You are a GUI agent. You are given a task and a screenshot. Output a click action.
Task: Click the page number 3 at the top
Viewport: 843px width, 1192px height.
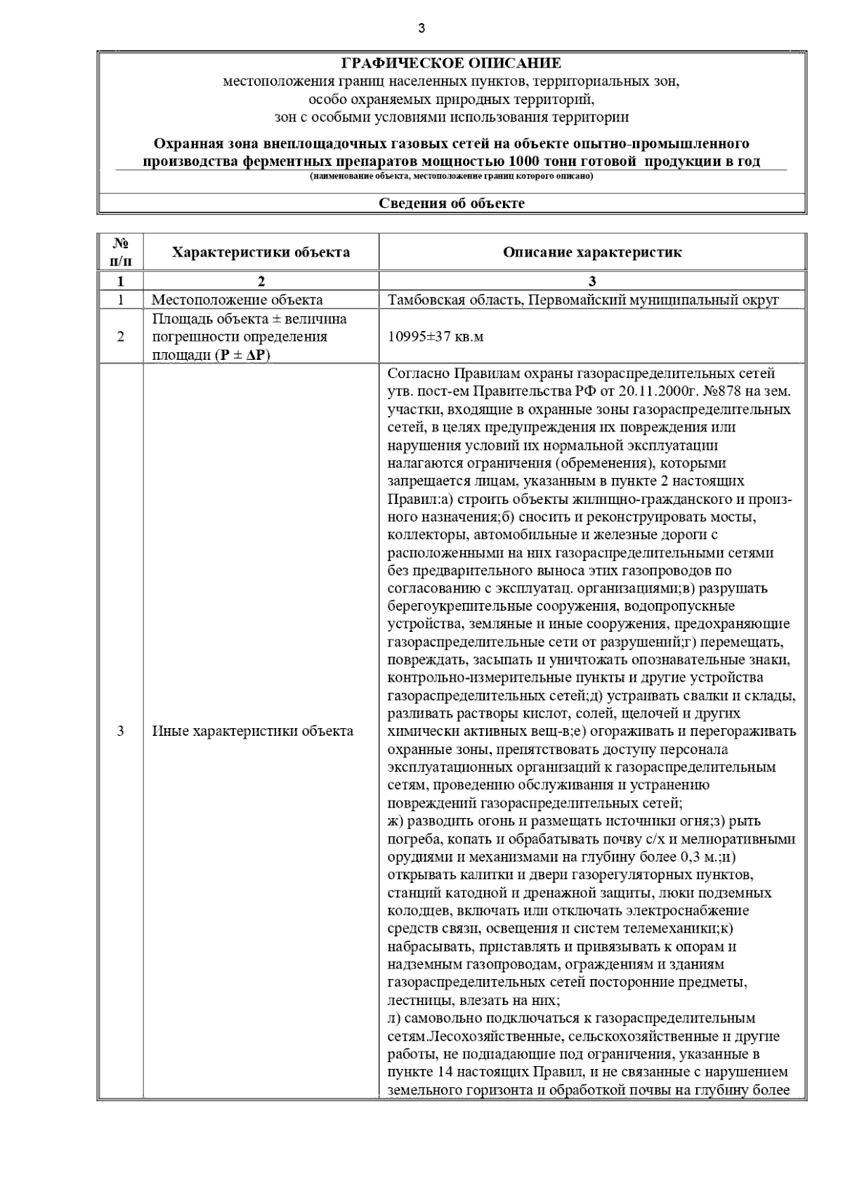[x=421, y=28]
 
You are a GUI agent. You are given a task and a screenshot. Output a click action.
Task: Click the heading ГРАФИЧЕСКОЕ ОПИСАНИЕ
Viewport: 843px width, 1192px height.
[x=451, y=63]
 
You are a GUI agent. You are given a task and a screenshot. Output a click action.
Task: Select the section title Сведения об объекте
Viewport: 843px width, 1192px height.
[x=451, y=204]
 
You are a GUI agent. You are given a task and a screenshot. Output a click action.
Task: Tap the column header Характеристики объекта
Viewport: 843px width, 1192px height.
[x=261, y=252]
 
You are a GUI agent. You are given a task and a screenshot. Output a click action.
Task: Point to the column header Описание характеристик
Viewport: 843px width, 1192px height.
[x=592, y=252]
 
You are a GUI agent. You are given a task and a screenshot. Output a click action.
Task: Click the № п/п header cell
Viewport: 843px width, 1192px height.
[x=120, y=252]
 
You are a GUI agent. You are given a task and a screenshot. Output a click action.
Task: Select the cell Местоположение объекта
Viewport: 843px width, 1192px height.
[x=237, y=300]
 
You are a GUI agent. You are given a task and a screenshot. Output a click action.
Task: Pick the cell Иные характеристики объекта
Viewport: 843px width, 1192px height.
[x=253, y=731]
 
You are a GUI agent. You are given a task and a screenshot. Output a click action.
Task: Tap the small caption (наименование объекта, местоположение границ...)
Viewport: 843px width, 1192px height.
[x=451, y=176]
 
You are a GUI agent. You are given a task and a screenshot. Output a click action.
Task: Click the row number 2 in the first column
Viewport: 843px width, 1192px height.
[x=120, y=337]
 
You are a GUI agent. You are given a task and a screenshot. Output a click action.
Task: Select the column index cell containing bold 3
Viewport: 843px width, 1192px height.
[x=592, y=282]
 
